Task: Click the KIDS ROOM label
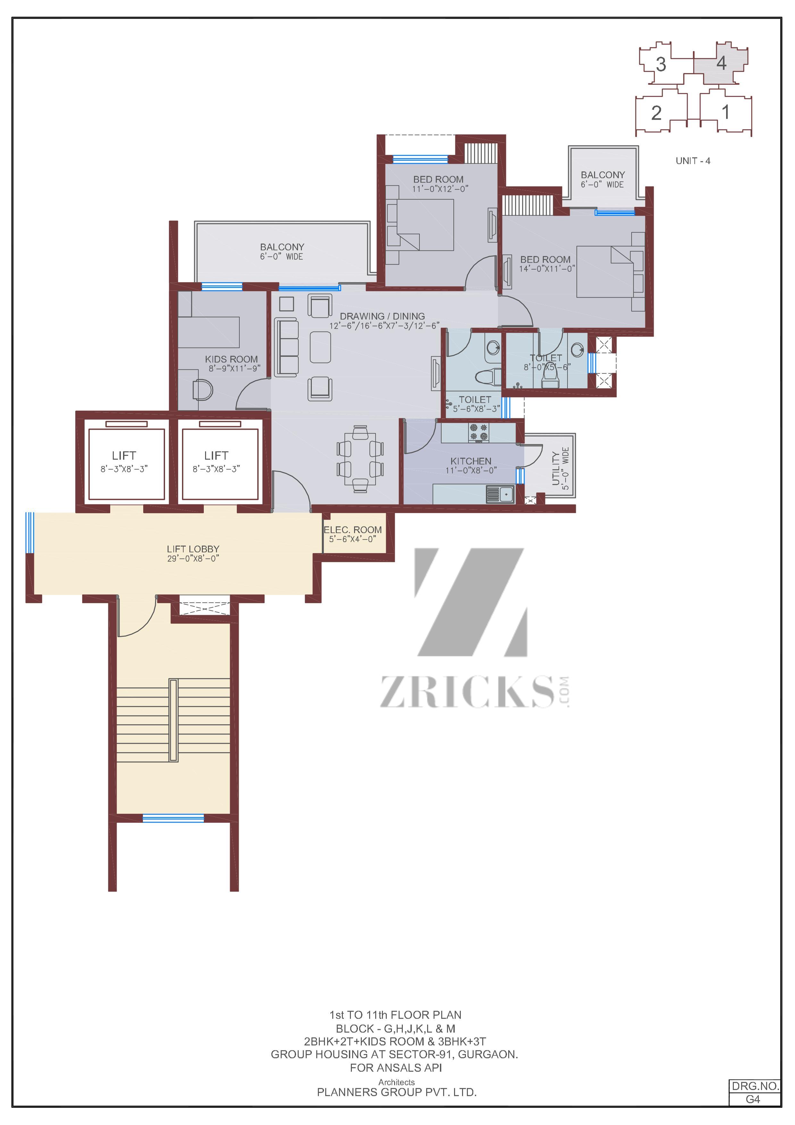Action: (x=231, y=359)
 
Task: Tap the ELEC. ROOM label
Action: (x=353, y=530)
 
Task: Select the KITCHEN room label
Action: (x=471, y=461)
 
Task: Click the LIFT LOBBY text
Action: (x=193, y=549)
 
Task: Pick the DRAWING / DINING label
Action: (x=383, y=316)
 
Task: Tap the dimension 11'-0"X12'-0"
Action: (x=440, y=189)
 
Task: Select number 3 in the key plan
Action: (x=661, y=64)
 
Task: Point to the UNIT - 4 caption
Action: (x=693, y=161)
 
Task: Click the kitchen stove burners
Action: (x=478, y=432)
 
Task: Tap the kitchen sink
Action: (x=500, y=494)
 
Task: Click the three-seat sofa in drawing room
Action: (x=286, y=348)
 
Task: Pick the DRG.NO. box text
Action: (x=755, y=1086)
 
